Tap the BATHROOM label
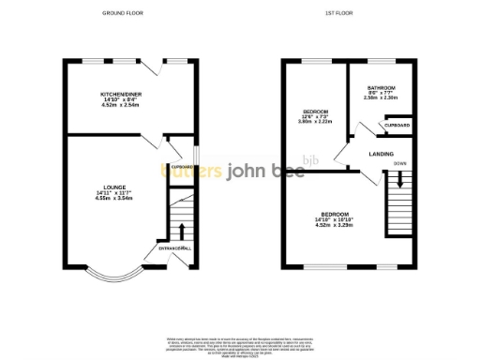pyautogui.click(x=381, y=86)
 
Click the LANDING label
pyautogui.click(x=382, y=154)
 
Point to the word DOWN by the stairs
pyautogui.click(x=399, y=164)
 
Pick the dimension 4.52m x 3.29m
pyautogui.click(x=336, y=224)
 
